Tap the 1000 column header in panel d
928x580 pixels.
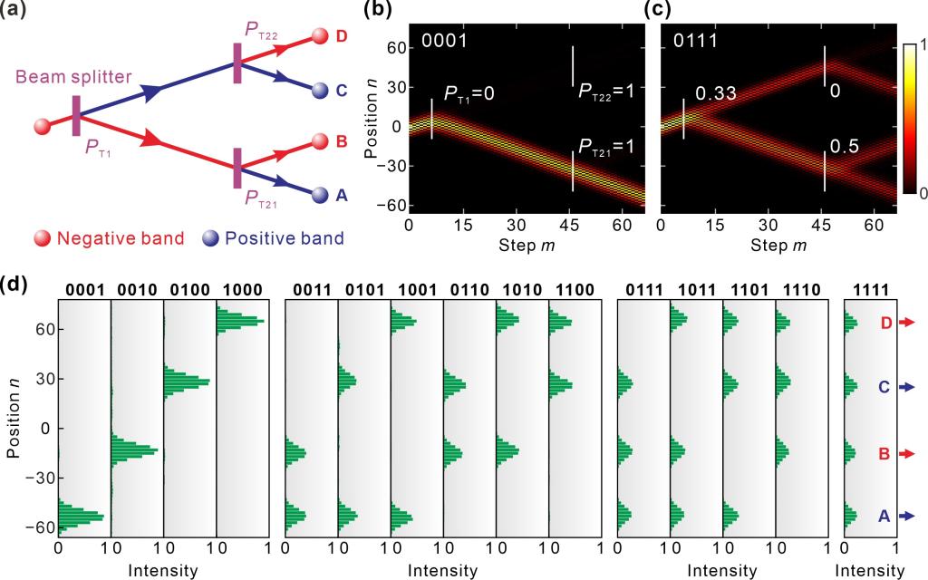(x=242, y=289)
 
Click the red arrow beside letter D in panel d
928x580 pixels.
(x=908, y=323)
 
